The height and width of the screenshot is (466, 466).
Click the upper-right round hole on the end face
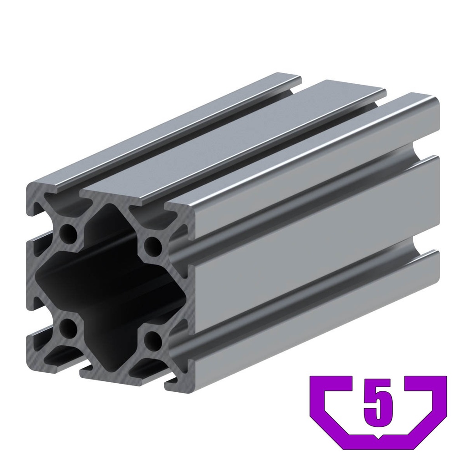pyautogui.click(x=153, y=246)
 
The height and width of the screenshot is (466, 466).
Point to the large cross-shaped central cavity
pyautogui.click(x=109, y=282)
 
